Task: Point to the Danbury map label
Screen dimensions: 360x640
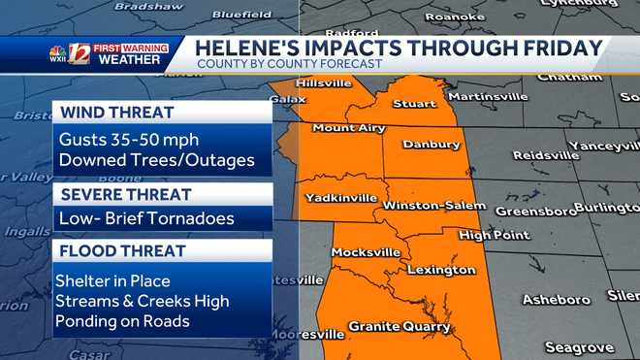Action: [x=431, y=145]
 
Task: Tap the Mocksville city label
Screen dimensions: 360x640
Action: [x=366, y=252]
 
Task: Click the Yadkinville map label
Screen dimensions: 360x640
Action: [x=341, y=197]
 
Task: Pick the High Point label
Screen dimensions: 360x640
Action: [x=488, y=235]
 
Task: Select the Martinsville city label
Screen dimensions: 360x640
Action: [x=487, y=97]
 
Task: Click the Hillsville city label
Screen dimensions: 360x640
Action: [x=324, y=83]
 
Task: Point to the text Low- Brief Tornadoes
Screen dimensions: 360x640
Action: [x=145, y=218]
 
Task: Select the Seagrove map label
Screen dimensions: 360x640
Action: [x=579, y=346]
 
